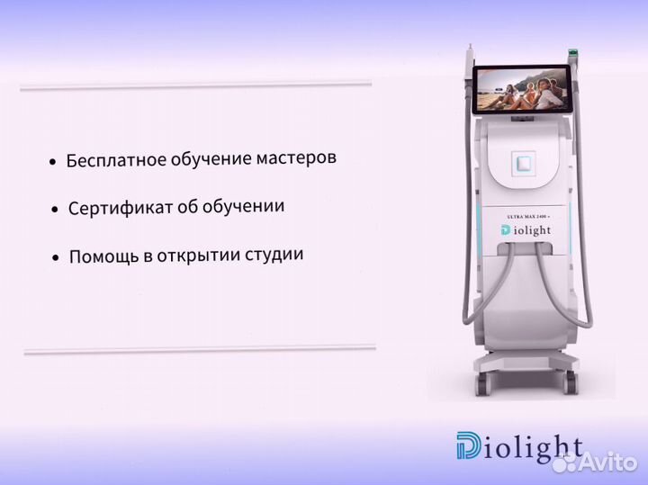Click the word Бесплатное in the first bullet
pyautogui.click(x=116, y=161)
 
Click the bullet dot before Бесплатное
pyautogui.click(x=53, y=163)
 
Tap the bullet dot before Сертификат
pyautogui.click(x=56, y=211)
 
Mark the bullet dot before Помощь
pyautogui.click(x=56, y=259)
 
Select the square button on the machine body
pyautogui.click(x=523, y=164)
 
